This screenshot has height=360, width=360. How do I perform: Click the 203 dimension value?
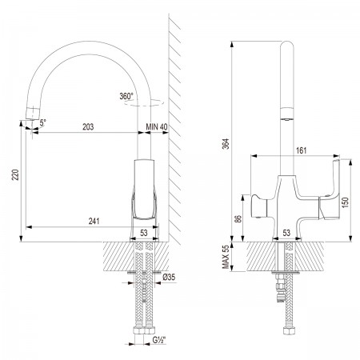click(88, 126)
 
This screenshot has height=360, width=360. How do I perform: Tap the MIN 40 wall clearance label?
click(157, 126)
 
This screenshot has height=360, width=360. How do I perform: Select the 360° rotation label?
click(126, 96)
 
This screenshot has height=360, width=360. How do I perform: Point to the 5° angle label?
click(43, 122)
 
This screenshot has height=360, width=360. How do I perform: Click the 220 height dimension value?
click(16, 174)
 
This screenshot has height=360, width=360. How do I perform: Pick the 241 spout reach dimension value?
click(94, 221)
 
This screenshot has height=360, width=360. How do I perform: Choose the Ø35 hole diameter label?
click(169, 278)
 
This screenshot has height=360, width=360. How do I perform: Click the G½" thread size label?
click(159, 340)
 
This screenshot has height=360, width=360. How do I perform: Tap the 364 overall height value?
click(226, 144)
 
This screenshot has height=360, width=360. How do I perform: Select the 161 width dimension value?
click(302, 150)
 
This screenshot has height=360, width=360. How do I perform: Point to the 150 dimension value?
click(345, 202)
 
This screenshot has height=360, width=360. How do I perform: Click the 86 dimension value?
click(238, 218)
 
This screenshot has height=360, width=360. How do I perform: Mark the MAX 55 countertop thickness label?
click(226, 257)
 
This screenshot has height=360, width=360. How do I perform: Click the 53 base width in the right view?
click(286, 233)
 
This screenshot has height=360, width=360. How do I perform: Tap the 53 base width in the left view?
click(144, 233)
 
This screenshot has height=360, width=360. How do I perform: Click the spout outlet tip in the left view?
click(32, 118)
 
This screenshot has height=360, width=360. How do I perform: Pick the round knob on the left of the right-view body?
click(258, 206)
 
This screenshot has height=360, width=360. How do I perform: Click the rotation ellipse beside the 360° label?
click(144, 103)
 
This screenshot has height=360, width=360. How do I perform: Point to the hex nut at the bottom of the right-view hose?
click(288, 331)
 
